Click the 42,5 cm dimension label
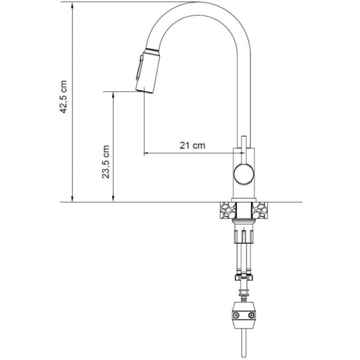[63, 97]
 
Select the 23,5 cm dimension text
[105, 162]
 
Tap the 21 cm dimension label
[192, 146]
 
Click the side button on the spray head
[139, 67]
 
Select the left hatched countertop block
[228, 210]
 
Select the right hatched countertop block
[259, 210]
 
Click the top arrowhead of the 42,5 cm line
[73, 6]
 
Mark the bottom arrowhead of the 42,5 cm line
[73, 199]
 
